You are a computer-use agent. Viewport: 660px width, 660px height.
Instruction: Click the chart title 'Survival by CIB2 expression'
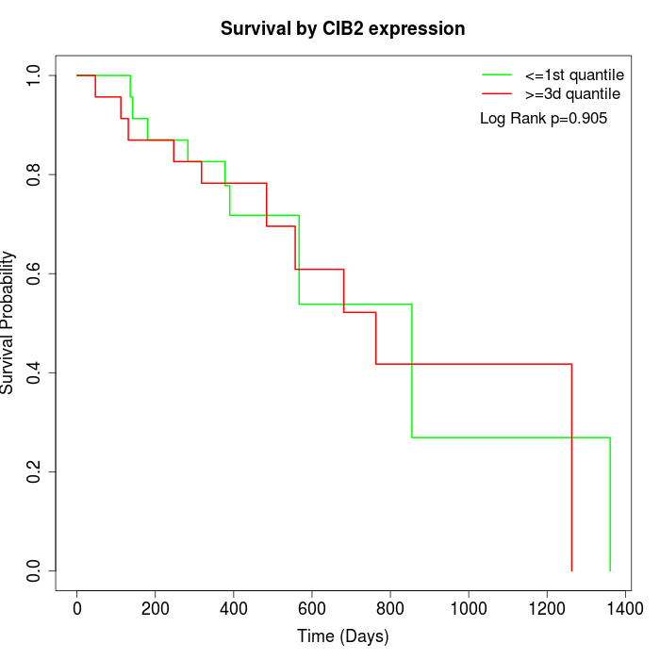(x=342, y=29)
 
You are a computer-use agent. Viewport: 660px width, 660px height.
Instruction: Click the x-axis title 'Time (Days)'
(x=342, y=636)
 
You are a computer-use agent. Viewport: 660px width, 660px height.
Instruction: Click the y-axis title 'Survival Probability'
(x=8, y=322)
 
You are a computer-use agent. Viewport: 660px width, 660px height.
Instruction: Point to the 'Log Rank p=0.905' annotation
(x=543, y=119)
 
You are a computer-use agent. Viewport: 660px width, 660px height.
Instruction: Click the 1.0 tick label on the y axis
(x=34, y=75)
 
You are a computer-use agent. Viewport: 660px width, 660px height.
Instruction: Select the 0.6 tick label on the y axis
(x=34, y=273)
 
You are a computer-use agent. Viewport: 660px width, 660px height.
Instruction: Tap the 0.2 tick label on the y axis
(x=34, y=471)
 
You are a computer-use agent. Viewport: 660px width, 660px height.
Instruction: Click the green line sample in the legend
(x=497, y=74)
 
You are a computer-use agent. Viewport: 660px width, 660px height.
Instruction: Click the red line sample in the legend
(x=497, y=94)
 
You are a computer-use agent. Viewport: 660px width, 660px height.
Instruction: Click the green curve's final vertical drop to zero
(x=610, y=504)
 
